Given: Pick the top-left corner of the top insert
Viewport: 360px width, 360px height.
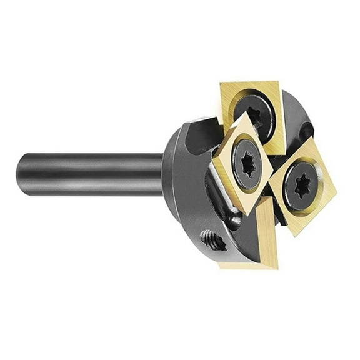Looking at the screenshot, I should point(220,83).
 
